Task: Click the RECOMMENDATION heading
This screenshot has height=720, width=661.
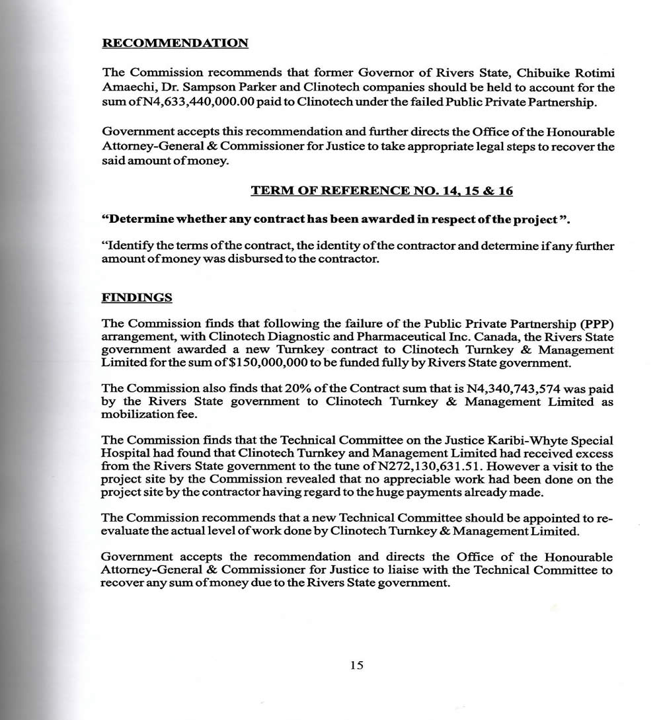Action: (175, 44)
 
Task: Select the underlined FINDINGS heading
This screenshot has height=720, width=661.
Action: (137, 298)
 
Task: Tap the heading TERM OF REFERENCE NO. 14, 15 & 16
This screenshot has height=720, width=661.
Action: (381, 191)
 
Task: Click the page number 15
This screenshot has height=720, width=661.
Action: (356, 665)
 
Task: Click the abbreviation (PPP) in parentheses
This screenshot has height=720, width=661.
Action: (597, 324)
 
